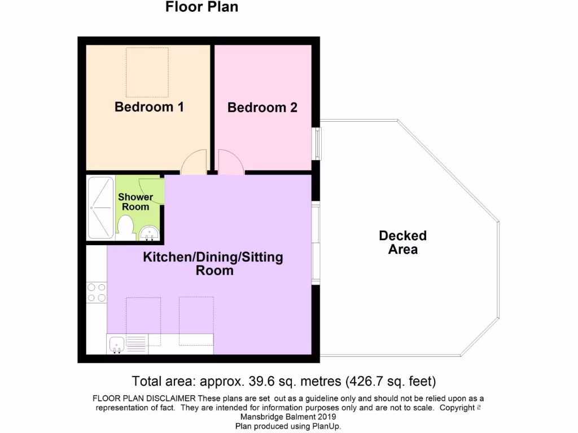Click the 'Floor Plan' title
[202, 7]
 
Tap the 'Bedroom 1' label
[149, 107]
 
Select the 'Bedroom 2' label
[262, 107]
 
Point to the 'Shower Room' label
[135, 202]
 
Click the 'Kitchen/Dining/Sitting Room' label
[213, 264]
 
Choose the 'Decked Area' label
[402, 242]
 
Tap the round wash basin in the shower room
[150, 232]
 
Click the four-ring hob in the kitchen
[97, 292]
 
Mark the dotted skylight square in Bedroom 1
[147, 72]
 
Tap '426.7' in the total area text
[368, 380]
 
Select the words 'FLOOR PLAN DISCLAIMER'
[144, 399]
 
